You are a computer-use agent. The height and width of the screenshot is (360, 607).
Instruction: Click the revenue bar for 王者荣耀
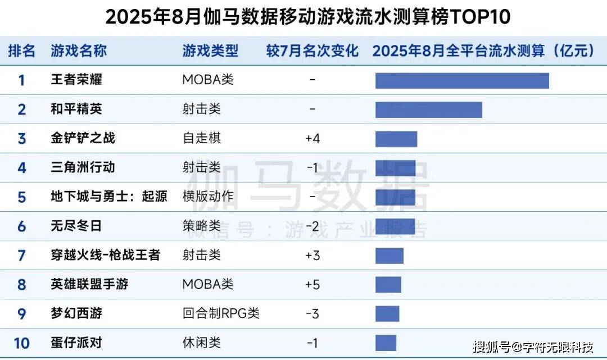coord(462,80)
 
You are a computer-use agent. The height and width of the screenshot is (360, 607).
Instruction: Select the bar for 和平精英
coord(428,110)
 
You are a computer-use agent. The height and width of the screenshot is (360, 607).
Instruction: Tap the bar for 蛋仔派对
coord(386,343)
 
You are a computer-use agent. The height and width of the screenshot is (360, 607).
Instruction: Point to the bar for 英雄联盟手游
coord(388,284)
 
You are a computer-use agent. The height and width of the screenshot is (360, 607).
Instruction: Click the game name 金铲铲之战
coord(83,138)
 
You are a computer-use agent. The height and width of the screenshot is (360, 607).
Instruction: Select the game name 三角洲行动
coord(83,167)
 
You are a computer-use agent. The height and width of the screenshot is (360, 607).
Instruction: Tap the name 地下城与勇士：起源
coord(109,197)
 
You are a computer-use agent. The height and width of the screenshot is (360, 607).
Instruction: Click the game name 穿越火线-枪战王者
coord(106,255)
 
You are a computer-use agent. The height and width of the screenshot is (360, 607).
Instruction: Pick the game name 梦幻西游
coord(76,313)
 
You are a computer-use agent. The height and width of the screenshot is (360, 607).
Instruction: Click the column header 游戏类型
coord(210,51)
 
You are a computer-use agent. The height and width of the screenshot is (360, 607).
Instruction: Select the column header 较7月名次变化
coord(312,51)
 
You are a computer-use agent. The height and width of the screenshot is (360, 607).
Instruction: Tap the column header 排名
coord(22,51)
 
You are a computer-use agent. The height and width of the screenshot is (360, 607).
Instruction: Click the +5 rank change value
coord(312,284)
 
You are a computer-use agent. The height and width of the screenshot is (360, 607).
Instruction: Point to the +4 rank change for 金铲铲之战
coord(312,138)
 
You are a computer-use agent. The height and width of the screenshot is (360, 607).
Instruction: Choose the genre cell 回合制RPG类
coord(221,313)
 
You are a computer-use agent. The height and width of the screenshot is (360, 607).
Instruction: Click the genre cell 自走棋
coord(202,138)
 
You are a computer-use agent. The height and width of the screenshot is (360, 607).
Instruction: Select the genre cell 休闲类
coord(202,343)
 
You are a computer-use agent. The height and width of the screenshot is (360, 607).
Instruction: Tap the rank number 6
coord(22,226)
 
